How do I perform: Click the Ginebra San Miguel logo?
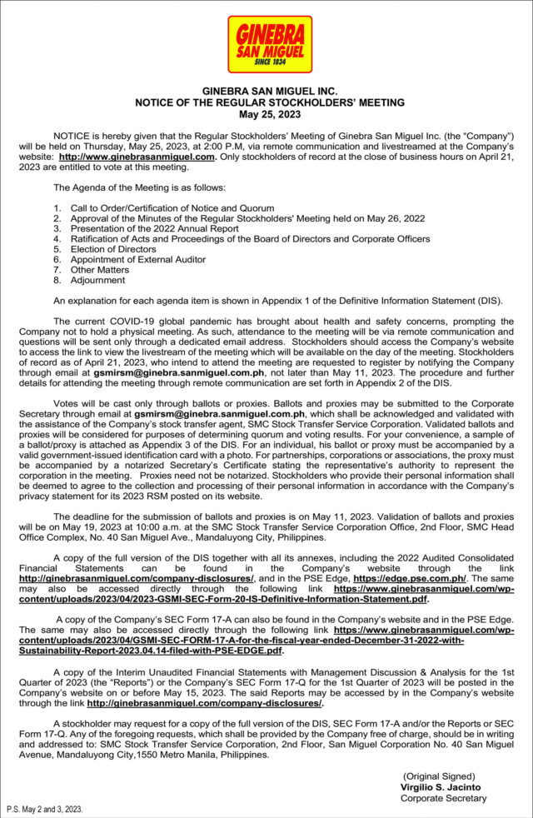(270, 44)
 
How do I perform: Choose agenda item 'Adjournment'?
(97, 281)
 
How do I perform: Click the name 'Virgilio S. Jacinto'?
(441, 786)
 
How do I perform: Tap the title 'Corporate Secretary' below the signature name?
(443, 798)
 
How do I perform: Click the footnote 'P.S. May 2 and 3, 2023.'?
(44, 809)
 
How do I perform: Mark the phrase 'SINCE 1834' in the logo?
(271, 62)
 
